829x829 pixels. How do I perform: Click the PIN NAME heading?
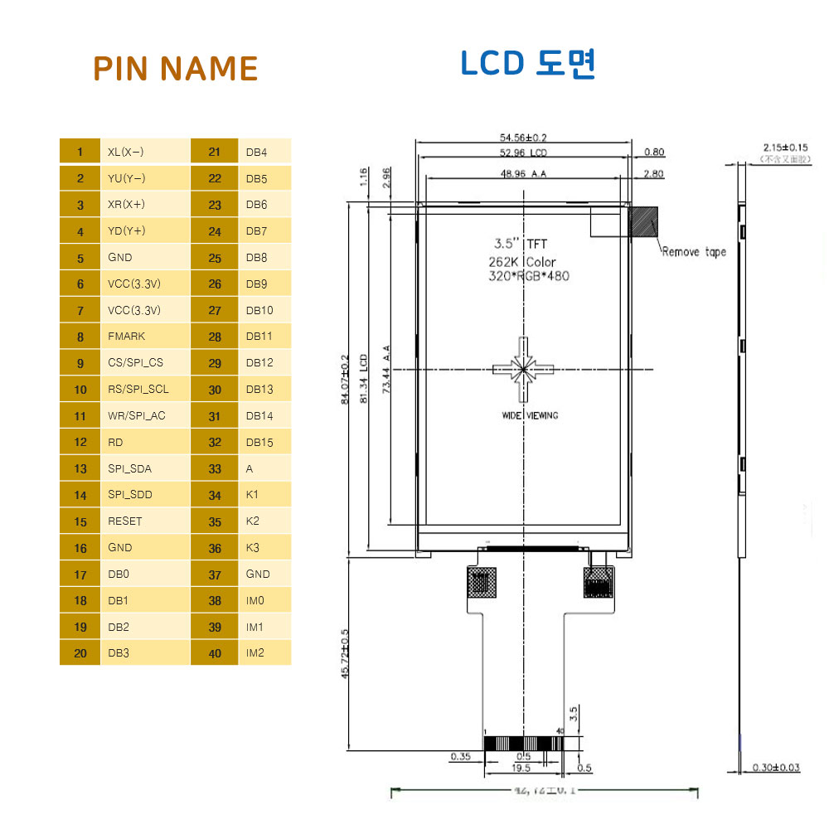175,68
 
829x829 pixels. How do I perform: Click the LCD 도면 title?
528,64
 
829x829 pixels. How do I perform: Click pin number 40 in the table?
216,653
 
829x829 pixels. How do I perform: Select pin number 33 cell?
216,468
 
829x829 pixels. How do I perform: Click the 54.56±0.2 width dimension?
523,138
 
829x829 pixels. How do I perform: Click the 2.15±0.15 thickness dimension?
785,147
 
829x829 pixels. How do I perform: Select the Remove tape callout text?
694,252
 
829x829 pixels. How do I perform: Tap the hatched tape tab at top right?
644,221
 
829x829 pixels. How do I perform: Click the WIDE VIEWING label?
530,415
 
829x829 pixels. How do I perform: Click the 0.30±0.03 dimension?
776,768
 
